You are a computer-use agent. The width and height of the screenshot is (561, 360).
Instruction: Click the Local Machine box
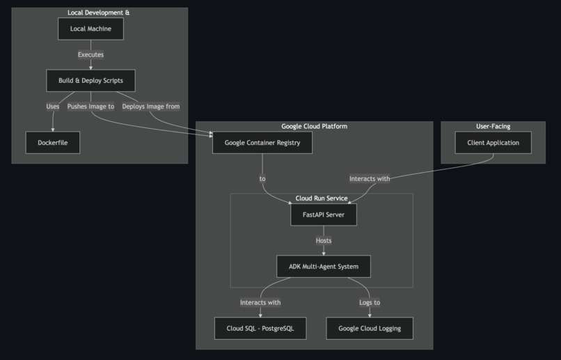90,29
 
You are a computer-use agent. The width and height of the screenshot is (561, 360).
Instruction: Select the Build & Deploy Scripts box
90,81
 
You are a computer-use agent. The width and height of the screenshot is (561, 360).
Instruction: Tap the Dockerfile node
52,143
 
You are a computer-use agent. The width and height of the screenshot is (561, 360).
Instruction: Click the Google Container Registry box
262,143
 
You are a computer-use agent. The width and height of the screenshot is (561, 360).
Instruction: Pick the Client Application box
493,143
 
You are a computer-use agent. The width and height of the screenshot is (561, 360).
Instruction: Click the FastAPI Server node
323,215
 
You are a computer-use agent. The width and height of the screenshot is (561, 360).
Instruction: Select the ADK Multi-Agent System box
323,267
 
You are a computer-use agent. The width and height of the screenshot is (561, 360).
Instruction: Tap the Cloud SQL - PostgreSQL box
260,328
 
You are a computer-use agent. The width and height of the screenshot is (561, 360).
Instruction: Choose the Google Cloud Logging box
370,328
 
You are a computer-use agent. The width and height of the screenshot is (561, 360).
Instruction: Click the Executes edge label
90,54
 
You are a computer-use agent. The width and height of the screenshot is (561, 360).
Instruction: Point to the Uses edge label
53,107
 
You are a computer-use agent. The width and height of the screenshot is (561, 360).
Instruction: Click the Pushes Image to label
90,107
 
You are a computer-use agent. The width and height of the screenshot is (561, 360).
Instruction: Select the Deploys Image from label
151,107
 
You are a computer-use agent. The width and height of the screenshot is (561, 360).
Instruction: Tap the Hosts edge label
324,241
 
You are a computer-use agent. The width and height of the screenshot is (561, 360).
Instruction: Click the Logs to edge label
370,302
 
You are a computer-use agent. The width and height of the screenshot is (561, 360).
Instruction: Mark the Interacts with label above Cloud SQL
260,302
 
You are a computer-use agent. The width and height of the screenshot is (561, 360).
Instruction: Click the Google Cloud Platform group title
314,126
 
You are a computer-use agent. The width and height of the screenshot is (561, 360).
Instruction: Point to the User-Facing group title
493,126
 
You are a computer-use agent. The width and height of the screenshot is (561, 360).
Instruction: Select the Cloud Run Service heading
322,198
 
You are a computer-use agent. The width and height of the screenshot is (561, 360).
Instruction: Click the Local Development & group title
98,13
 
